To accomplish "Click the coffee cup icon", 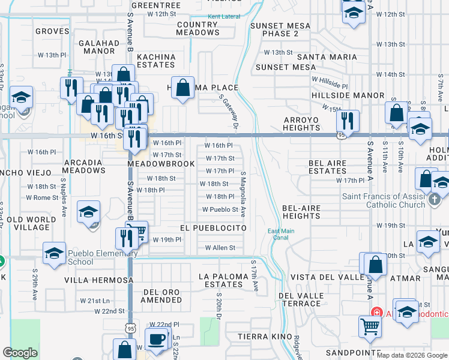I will [x=157, y=340].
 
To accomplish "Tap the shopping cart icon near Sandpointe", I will [x=370, y=327].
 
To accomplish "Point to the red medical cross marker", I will [x=376, y=312].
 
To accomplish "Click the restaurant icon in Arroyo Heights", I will [x=348, y=121].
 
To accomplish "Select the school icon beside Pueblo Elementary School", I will [x=54, y=254].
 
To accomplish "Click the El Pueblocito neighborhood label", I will [x=213, y=229].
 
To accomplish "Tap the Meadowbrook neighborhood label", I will [x=161, y=164].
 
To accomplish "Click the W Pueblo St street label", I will [x=220, y=209].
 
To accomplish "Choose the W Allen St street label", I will [x=220, y=248].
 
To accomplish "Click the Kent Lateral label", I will [x=223, y=16].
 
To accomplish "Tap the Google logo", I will [x=20, y=353].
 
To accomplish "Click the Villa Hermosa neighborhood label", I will [x=99, y=280].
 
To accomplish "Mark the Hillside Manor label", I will [x=348, y=95].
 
